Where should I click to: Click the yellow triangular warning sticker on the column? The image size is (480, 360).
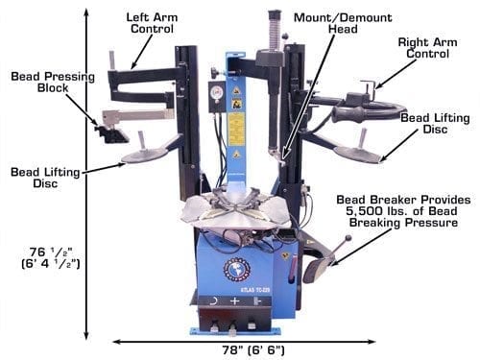[x=236, y=90]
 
